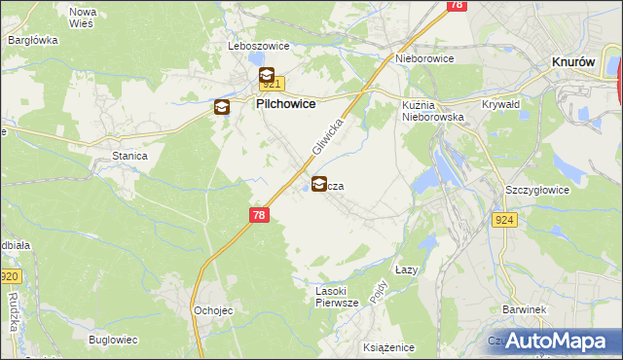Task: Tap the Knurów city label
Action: (573, 60)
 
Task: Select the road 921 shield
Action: (271, 84)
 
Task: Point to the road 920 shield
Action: (8, 276)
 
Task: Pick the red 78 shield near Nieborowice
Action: (456, 5)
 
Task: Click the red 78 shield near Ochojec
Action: (257, 220)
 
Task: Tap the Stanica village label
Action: (129, 155)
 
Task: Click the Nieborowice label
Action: (425, 58)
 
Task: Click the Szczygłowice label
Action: (536, 190)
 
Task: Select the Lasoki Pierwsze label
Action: (337, 297)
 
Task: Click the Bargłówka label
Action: (33, 40)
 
